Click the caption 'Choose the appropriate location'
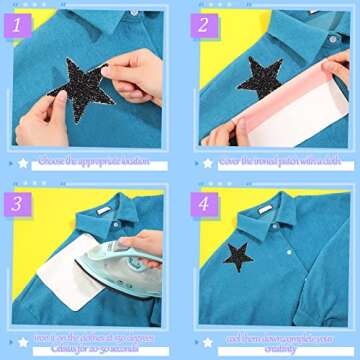[x=95, y=161]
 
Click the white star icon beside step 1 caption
[x=23, y=162]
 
